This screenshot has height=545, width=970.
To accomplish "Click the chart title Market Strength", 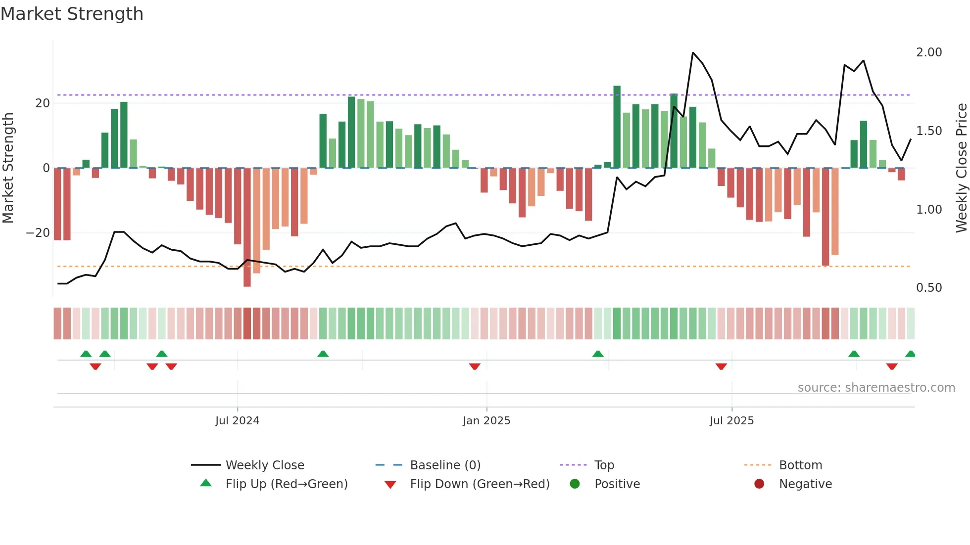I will click(x=72, y=14).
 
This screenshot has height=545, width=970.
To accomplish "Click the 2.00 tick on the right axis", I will click(x=929, y=52).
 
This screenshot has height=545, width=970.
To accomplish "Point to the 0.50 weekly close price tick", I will click(x=929, y=288).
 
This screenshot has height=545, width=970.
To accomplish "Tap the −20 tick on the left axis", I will click(x=38, y=233).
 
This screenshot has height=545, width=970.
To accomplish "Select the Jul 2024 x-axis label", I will click(x=237, y=421).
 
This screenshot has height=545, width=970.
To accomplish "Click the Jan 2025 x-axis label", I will click(x=486, y=421).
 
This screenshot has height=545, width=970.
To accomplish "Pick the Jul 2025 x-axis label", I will click(x=731, y=421).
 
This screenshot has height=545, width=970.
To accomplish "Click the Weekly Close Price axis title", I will click(x=961, y=168).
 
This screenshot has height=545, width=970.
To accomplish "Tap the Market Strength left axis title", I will click(x=8, y=168).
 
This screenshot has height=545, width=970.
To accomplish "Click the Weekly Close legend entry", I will click(x=265, y=465).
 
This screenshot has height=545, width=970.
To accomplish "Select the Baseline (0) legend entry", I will click(x=445, y=465).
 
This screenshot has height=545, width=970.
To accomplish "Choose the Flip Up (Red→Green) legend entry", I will click(x=286, y=484).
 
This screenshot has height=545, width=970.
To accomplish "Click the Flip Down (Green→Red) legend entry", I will click(x=480, y=484).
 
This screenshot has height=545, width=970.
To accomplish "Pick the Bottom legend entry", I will click(x=800, y=465).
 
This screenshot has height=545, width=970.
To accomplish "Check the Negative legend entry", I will click(x=805, y=484).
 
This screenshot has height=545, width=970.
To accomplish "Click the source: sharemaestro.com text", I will click(x=876, y=388).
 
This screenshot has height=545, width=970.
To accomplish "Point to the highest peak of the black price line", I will click(x=693, y=53).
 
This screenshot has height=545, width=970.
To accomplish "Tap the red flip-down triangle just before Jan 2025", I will click(x=475, y=366).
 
